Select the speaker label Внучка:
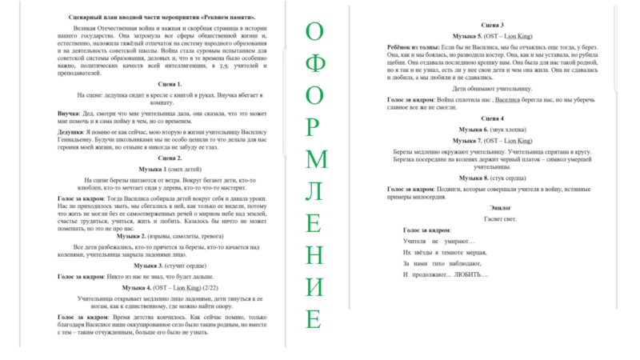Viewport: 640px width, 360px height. point(70,114)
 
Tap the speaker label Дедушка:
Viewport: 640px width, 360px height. point(74,131)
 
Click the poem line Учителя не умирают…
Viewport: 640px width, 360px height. point(439,241)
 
